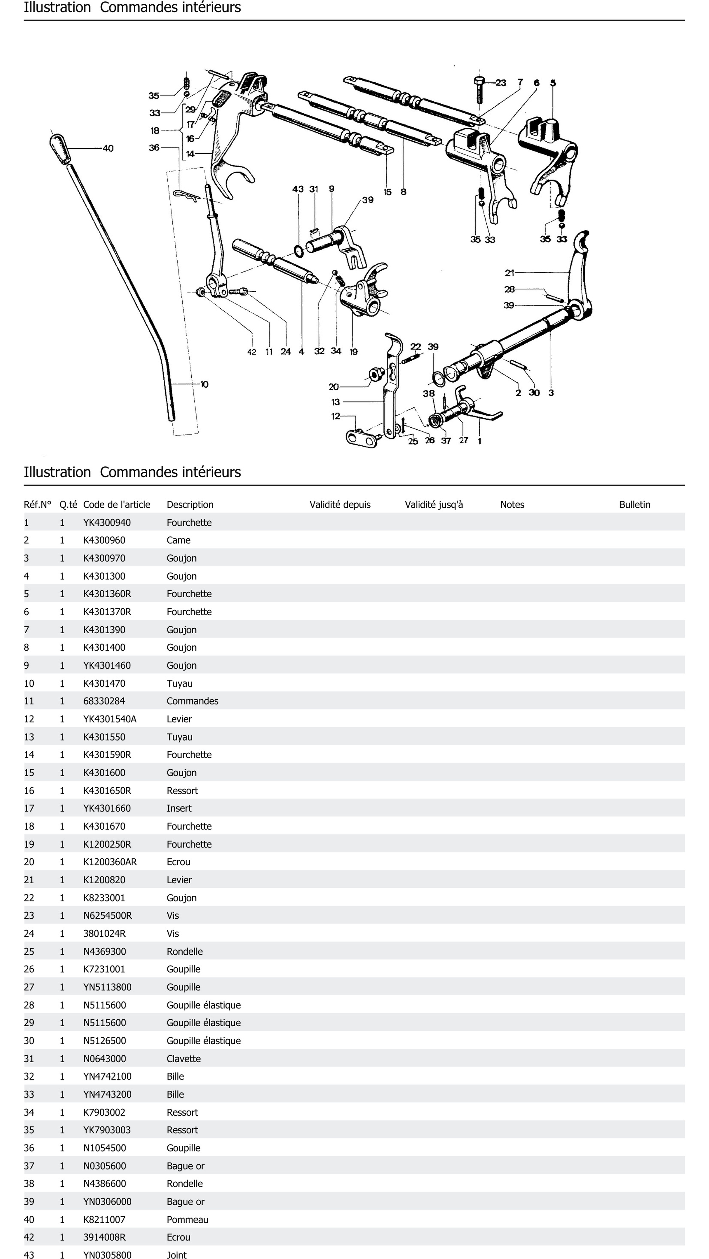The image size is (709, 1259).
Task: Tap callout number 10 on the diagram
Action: point(204,385)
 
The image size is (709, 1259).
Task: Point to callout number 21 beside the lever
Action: point(509,273)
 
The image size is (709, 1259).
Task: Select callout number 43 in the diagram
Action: point(298,189)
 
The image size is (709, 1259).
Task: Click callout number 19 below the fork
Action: point(353,351)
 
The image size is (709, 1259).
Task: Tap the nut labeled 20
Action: point(375,375)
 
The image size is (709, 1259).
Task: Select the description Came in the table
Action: point(178,540)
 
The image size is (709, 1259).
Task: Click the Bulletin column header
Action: point(634,504)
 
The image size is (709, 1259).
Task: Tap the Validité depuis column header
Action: point(340,504)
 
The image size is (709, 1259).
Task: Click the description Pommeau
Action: point(187,1219)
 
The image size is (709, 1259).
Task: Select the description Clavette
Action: point(183,1059)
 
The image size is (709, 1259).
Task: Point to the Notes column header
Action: point(512,504)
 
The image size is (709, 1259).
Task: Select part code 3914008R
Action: point(104,1237)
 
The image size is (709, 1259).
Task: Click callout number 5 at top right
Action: point(553,83)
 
